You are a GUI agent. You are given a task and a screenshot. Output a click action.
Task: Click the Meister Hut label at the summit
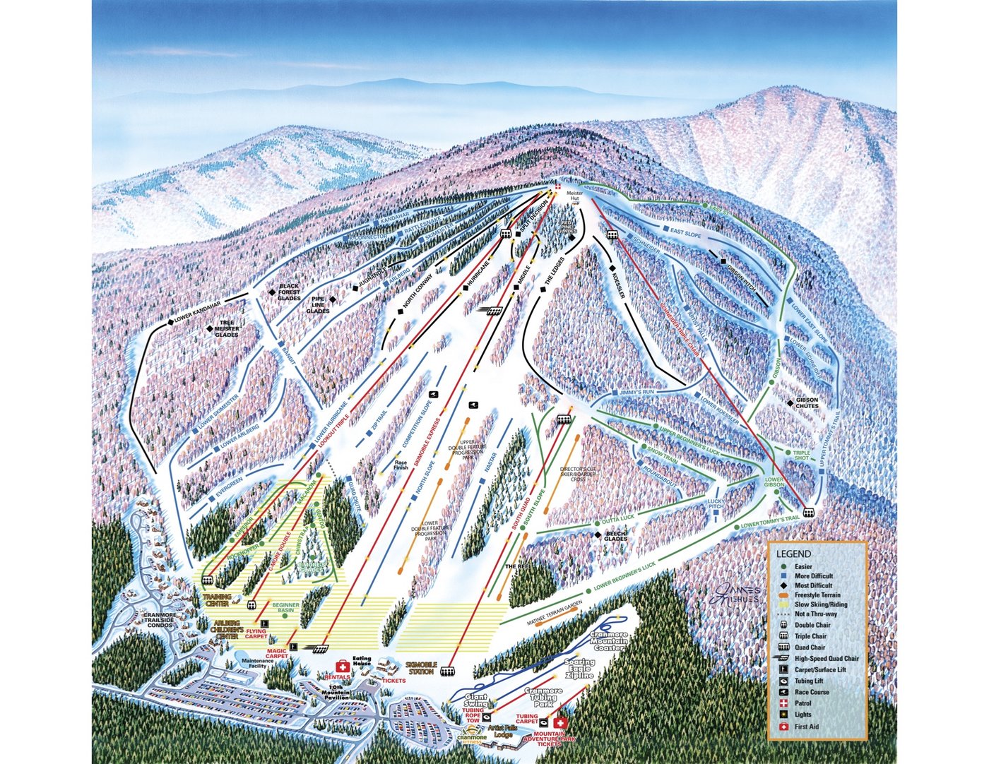point(574,196)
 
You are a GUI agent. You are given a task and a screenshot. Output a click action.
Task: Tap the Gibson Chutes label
point(807,403)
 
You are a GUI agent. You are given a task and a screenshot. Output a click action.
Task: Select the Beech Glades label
point(615,535)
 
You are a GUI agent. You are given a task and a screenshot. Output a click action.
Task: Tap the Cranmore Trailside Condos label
point(158,619)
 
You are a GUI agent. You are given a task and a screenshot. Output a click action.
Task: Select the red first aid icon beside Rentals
point(343,666)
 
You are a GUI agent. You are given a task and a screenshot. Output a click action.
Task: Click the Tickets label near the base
point(394,681)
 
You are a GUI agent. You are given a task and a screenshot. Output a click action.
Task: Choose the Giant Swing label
point(475,700)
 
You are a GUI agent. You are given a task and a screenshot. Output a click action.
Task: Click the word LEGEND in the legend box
point(793,554)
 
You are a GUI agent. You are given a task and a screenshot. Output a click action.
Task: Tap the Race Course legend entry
point(812,692)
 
